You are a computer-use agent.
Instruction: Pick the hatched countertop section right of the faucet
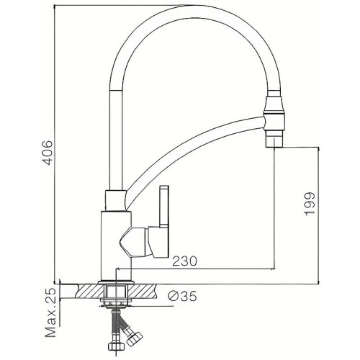[149, 291]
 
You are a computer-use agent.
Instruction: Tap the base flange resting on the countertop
[115, 279]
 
